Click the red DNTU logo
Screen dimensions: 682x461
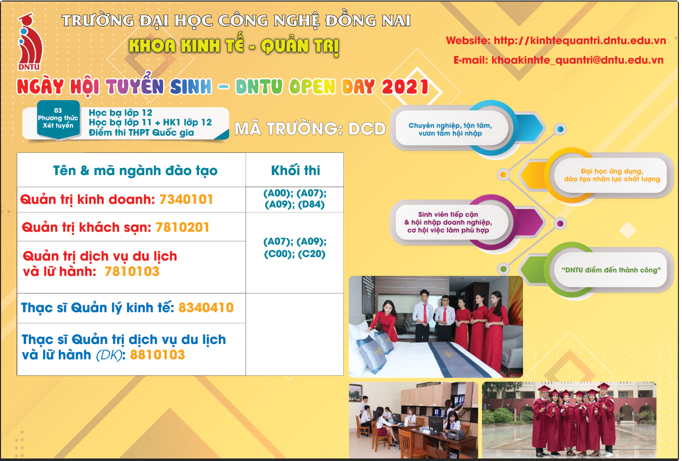pyautogui.click(x=30, y=42)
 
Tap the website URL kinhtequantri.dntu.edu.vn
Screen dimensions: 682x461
pyautogui.click(x=580, y=40)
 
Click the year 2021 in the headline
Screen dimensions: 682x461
pyautogui.click(x=405, y=87)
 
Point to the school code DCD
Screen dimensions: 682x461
pyautogui.click(x=367, y=129)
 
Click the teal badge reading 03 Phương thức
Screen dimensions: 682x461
pyautogui.click(x=58, y=119)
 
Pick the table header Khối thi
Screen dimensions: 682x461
pyautogui.click(x=295, y=170)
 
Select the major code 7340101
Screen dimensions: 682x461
pyautogui.click(x=186, y=199)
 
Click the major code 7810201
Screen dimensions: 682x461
pyautogui.click(x=182, y=227)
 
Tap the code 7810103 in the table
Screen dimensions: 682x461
pyautogui.click(x=132, y=271)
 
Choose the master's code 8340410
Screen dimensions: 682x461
pyautogui.click(x=206, y=308)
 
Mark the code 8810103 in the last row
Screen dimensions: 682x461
pyautogui.click(x=157, y=355)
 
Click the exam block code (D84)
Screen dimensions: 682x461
pyautogui.click(x=311, y=204)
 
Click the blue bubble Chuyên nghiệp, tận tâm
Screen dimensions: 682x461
pyautogui.click(x=451, y=129)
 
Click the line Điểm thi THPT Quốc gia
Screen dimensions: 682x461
pyautogui.click(x=141, y=133)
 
